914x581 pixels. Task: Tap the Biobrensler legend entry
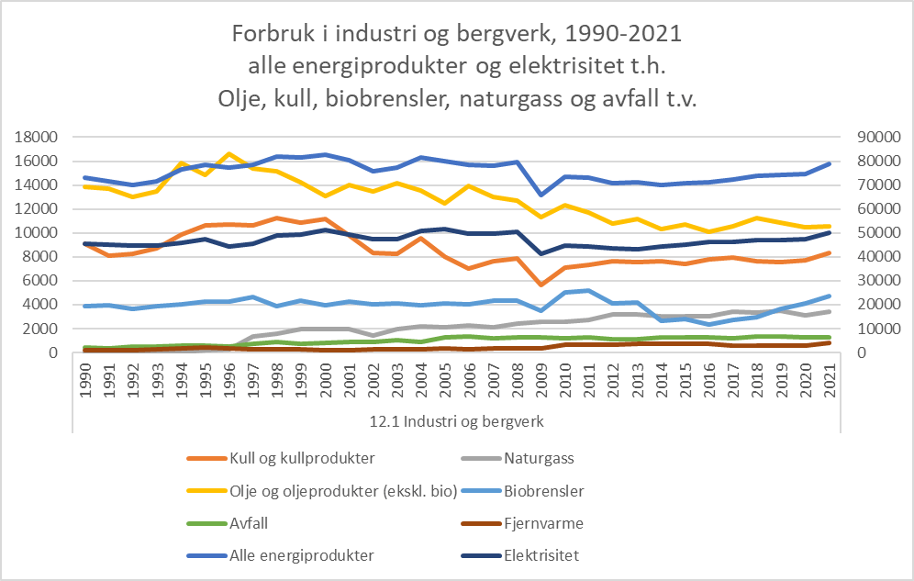(544, 490)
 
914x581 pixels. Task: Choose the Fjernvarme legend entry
(543, 523)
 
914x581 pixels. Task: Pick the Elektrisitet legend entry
(541, 555)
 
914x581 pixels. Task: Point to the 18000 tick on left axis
(38, 137)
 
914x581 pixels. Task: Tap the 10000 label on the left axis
(38, 232)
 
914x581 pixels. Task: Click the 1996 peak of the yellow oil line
(228, 153)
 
